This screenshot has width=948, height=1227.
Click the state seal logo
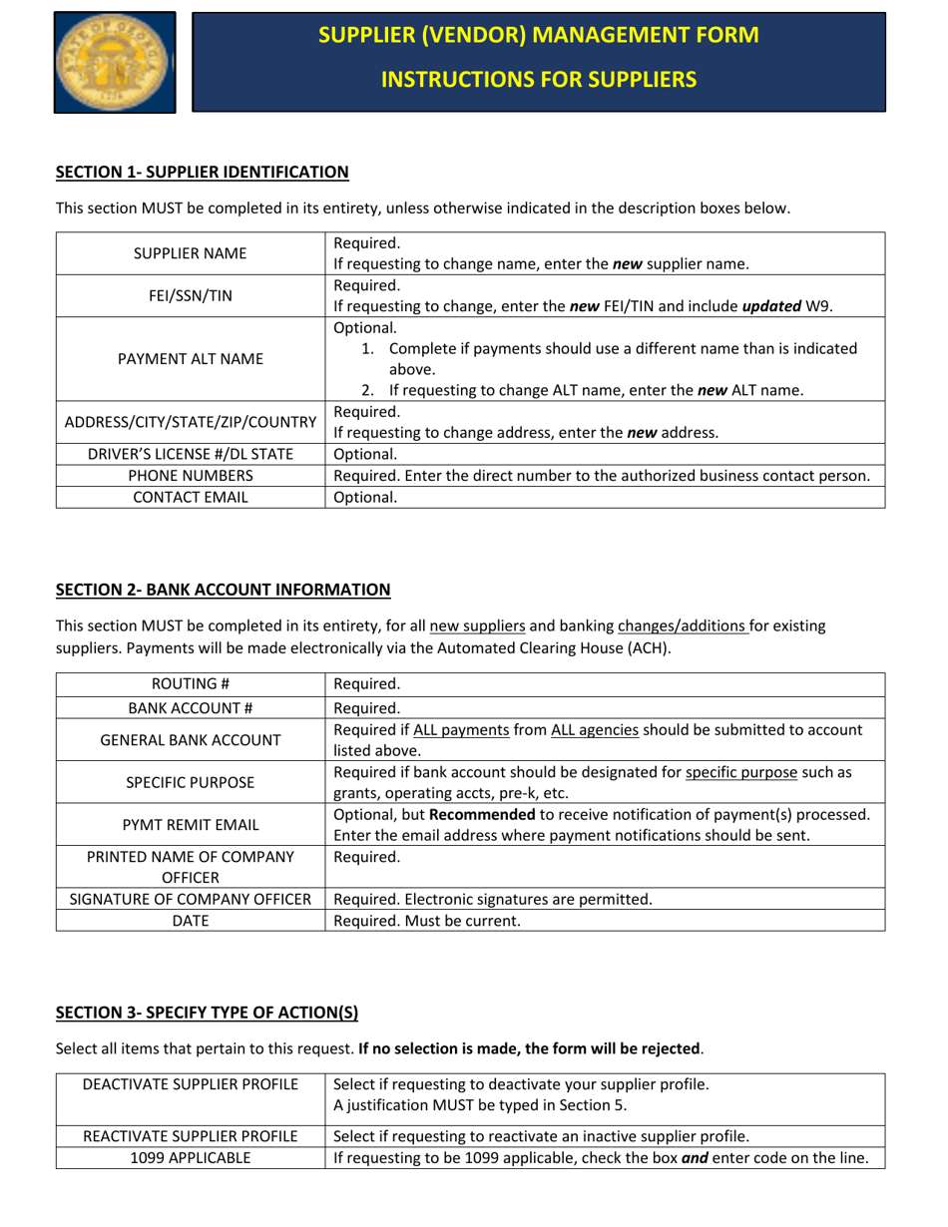tap(115, 62)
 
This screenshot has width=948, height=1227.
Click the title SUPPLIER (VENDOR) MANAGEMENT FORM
tap(539, 35)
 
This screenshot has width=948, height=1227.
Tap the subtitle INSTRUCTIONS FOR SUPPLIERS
tap(539, 79)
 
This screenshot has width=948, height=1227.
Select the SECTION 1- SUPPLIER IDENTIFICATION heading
tap(202, 173)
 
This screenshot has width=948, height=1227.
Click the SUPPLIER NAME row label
tap(191, 253)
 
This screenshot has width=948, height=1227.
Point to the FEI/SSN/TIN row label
tap(191, 295)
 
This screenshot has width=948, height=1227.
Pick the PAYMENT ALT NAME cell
tap(191, 359)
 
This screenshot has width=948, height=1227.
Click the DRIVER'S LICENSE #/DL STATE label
tap(191, 454)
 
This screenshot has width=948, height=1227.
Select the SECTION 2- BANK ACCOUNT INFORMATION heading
tap(223, 590)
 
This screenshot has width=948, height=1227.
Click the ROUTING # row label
tap(191, 684)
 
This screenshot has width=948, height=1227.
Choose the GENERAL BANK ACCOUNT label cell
tap(191, 739)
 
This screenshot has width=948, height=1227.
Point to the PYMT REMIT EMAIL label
tap(191, 824)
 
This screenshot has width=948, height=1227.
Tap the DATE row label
tap(191, 921)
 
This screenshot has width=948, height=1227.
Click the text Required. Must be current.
tap(427, 921)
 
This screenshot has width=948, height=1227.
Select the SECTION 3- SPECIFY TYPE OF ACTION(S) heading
tap(207, 1014)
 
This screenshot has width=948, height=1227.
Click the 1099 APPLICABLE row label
tap(191, 1157)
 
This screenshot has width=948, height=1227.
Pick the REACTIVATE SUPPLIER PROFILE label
tap(191, 1135)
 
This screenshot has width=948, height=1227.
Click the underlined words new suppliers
tap(477, 627)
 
